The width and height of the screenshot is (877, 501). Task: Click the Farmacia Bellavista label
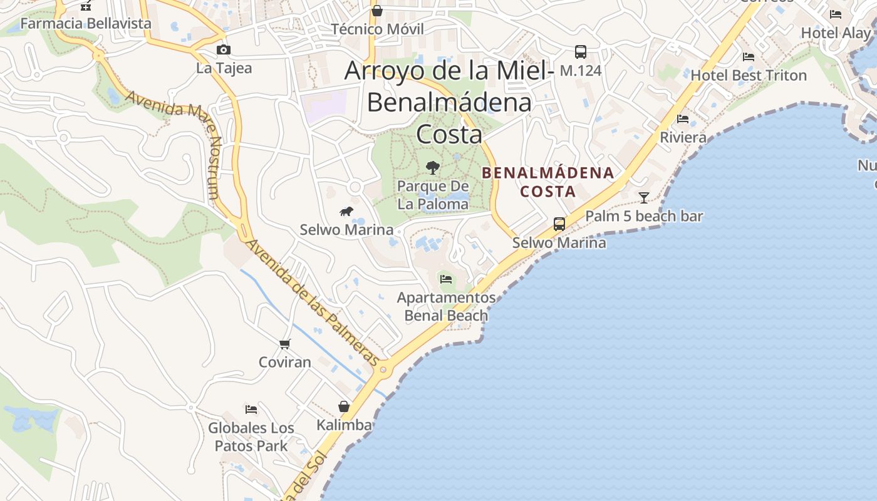86,24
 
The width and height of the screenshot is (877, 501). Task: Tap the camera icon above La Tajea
224,49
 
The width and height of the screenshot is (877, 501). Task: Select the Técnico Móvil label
377,29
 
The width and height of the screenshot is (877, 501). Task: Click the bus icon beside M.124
581,52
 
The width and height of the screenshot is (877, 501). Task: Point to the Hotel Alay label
836,33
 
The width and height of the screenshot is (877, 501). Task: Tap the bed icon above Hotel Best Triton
748,57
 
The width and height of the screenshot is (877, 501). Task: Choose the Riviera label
683,137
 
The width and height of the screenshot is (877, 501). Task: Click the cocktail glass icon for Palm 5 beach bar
644,198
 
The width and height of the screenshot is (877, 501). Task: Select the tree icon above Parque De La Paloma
432,167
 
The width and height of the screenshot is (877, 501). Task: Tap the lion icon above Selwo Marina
346,211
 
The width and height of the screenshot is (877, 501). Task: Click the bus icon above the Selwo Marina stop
559,224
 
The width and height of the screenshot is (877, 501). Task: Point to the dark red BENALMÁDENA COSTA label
548,182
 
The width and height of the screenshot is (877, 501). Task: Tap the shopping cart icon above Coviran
285,344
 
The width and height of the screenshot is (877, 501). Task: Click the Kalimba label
344,425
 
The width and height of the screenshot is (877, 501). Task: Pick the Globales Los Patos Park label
251,437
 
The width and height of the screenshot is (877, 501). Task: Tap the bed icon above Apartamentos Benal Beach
446,279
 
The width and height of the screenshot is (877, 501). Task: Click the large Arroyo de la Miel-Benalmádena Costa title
449,101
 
